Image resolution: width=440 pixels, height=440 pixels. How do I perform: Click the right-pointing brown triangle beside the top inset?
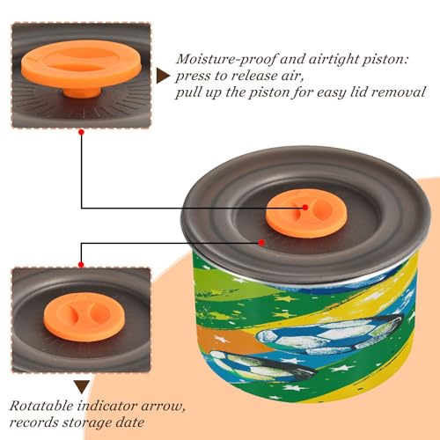[163, 77]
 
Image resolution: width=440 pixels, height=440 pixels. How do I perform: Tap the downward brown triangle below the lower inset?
[82, 387]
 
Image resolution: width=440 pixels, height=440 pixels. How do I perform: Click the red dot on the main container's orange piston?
[305, 208]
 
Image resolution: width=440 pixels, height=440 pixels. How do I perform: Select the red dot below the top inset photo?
[82, 132]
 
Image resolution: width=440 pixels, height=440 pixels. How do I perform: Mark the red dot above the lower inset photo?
[81, 265]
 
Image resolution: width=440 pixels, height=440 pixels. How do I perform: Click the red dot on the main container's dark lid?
[261, 243]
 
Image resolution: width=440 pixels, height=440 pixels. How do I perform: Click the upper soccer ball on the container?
[328, 334]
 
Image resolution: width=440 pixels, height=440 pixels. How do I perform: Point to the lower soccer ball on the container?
[261, 367]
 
